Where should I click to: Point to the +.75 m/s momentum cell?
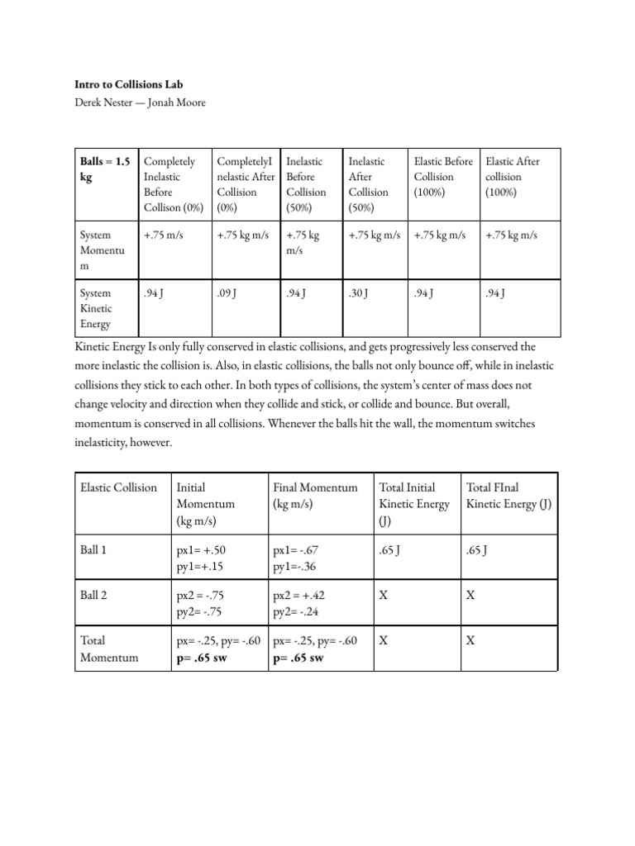point(163,235)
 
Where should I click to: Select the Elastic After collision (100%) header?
point(513,177)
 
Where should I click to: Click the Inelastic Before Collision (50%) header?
point(305,184)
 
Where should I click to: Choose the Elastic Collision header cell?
point(118,487)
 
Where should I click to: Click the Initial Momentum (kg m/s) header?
point(206,503)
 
